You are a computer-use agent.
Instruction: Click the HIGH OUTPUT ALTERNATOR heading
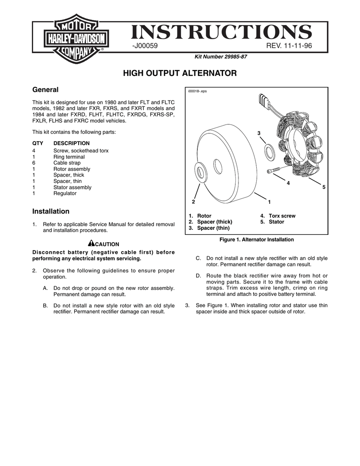click(x=180, y=73)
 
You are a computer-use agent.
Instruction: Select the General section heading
click(x=45, y=90)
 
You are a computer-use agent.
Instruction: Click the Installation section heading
click(x=51, y=211)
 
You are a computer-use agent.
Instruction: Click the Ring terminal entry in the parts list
click(x=69, y=157)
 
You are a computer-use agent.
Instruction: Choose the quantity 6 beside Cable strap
click(x=34, y=163)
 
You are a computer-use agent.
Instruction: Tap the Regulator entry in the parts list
click(x=65, y=193)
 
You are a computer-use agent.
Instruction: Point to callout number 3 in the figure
click(x=258, y=133)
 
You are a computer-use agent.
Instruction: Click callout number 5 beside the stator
click(x=324, y=187)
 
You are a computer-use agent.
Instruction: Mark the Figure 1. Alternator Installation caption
click(x=257, y=239)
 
